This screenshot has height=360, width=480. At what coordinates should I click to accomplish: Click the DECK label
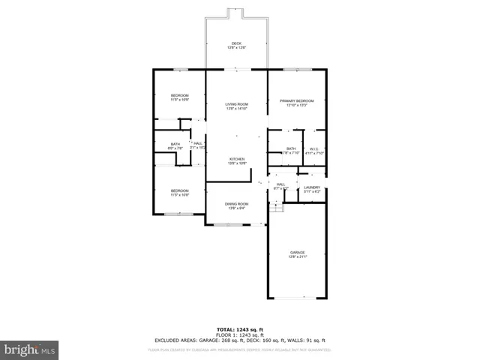click(x=237, y=43)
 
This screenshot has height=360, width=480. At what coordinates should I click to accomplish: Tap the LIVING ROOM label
click(x=237, y=104)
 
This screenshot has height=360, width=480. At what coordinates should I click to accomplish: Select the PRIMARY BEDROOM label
click(x=297, y=100)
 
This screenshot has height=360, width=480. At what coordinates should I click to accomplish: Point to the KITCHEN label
click(x=237, y=159)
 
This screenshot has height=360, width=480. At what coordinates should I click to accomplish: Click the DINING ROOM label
click(x=237, y=203)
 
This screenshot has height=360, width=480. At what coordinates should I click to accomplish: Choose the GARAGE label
click(x=298, y=252)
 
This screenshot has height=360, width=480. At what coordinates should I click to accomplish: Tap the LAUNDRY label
click(x=313, y=187)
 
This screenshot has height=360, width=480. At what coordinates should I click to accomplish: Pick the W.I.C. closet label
click(x=315, y=148)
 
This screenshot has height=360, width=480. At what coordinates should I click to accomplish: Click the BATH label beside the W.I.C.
click(x=291, y=148)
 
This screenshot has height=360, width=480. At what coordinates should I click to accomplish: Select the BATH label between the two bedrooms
click(x=175, y=144)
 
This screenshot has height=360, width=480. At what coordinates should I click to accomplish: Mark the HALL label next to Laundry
click(x=280, y=184)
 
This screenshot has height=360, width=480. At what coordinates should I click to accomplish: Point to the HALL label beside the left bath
click(x=197, y=143)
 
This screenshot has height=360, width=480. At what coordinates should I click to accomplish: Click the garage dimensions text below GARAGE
click(x=298, y=256)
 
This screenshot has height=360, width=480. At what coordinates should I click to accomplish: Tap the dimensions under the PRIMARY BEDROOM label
click(x=297, y=105)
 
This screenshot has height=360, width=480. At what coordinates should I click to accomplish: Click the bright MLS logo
click(x=30, y=349)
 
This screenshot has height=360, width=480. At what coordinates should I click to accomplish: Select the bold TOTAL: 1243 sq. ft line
click(x=239, y=329)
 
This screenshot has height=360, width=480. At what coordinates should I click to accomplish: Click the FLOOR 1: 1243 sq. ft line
click(x=239, y=334)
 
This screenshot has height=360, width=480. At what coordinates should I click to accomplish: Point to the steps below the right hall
click(x=277, y=206)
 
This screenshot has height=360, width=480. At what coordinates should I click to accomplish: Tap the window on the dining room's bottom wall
click(x=222, y=224)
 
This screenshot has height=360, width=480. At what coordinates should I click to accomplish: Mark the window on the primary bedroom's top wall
click(x=292, y=70)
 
